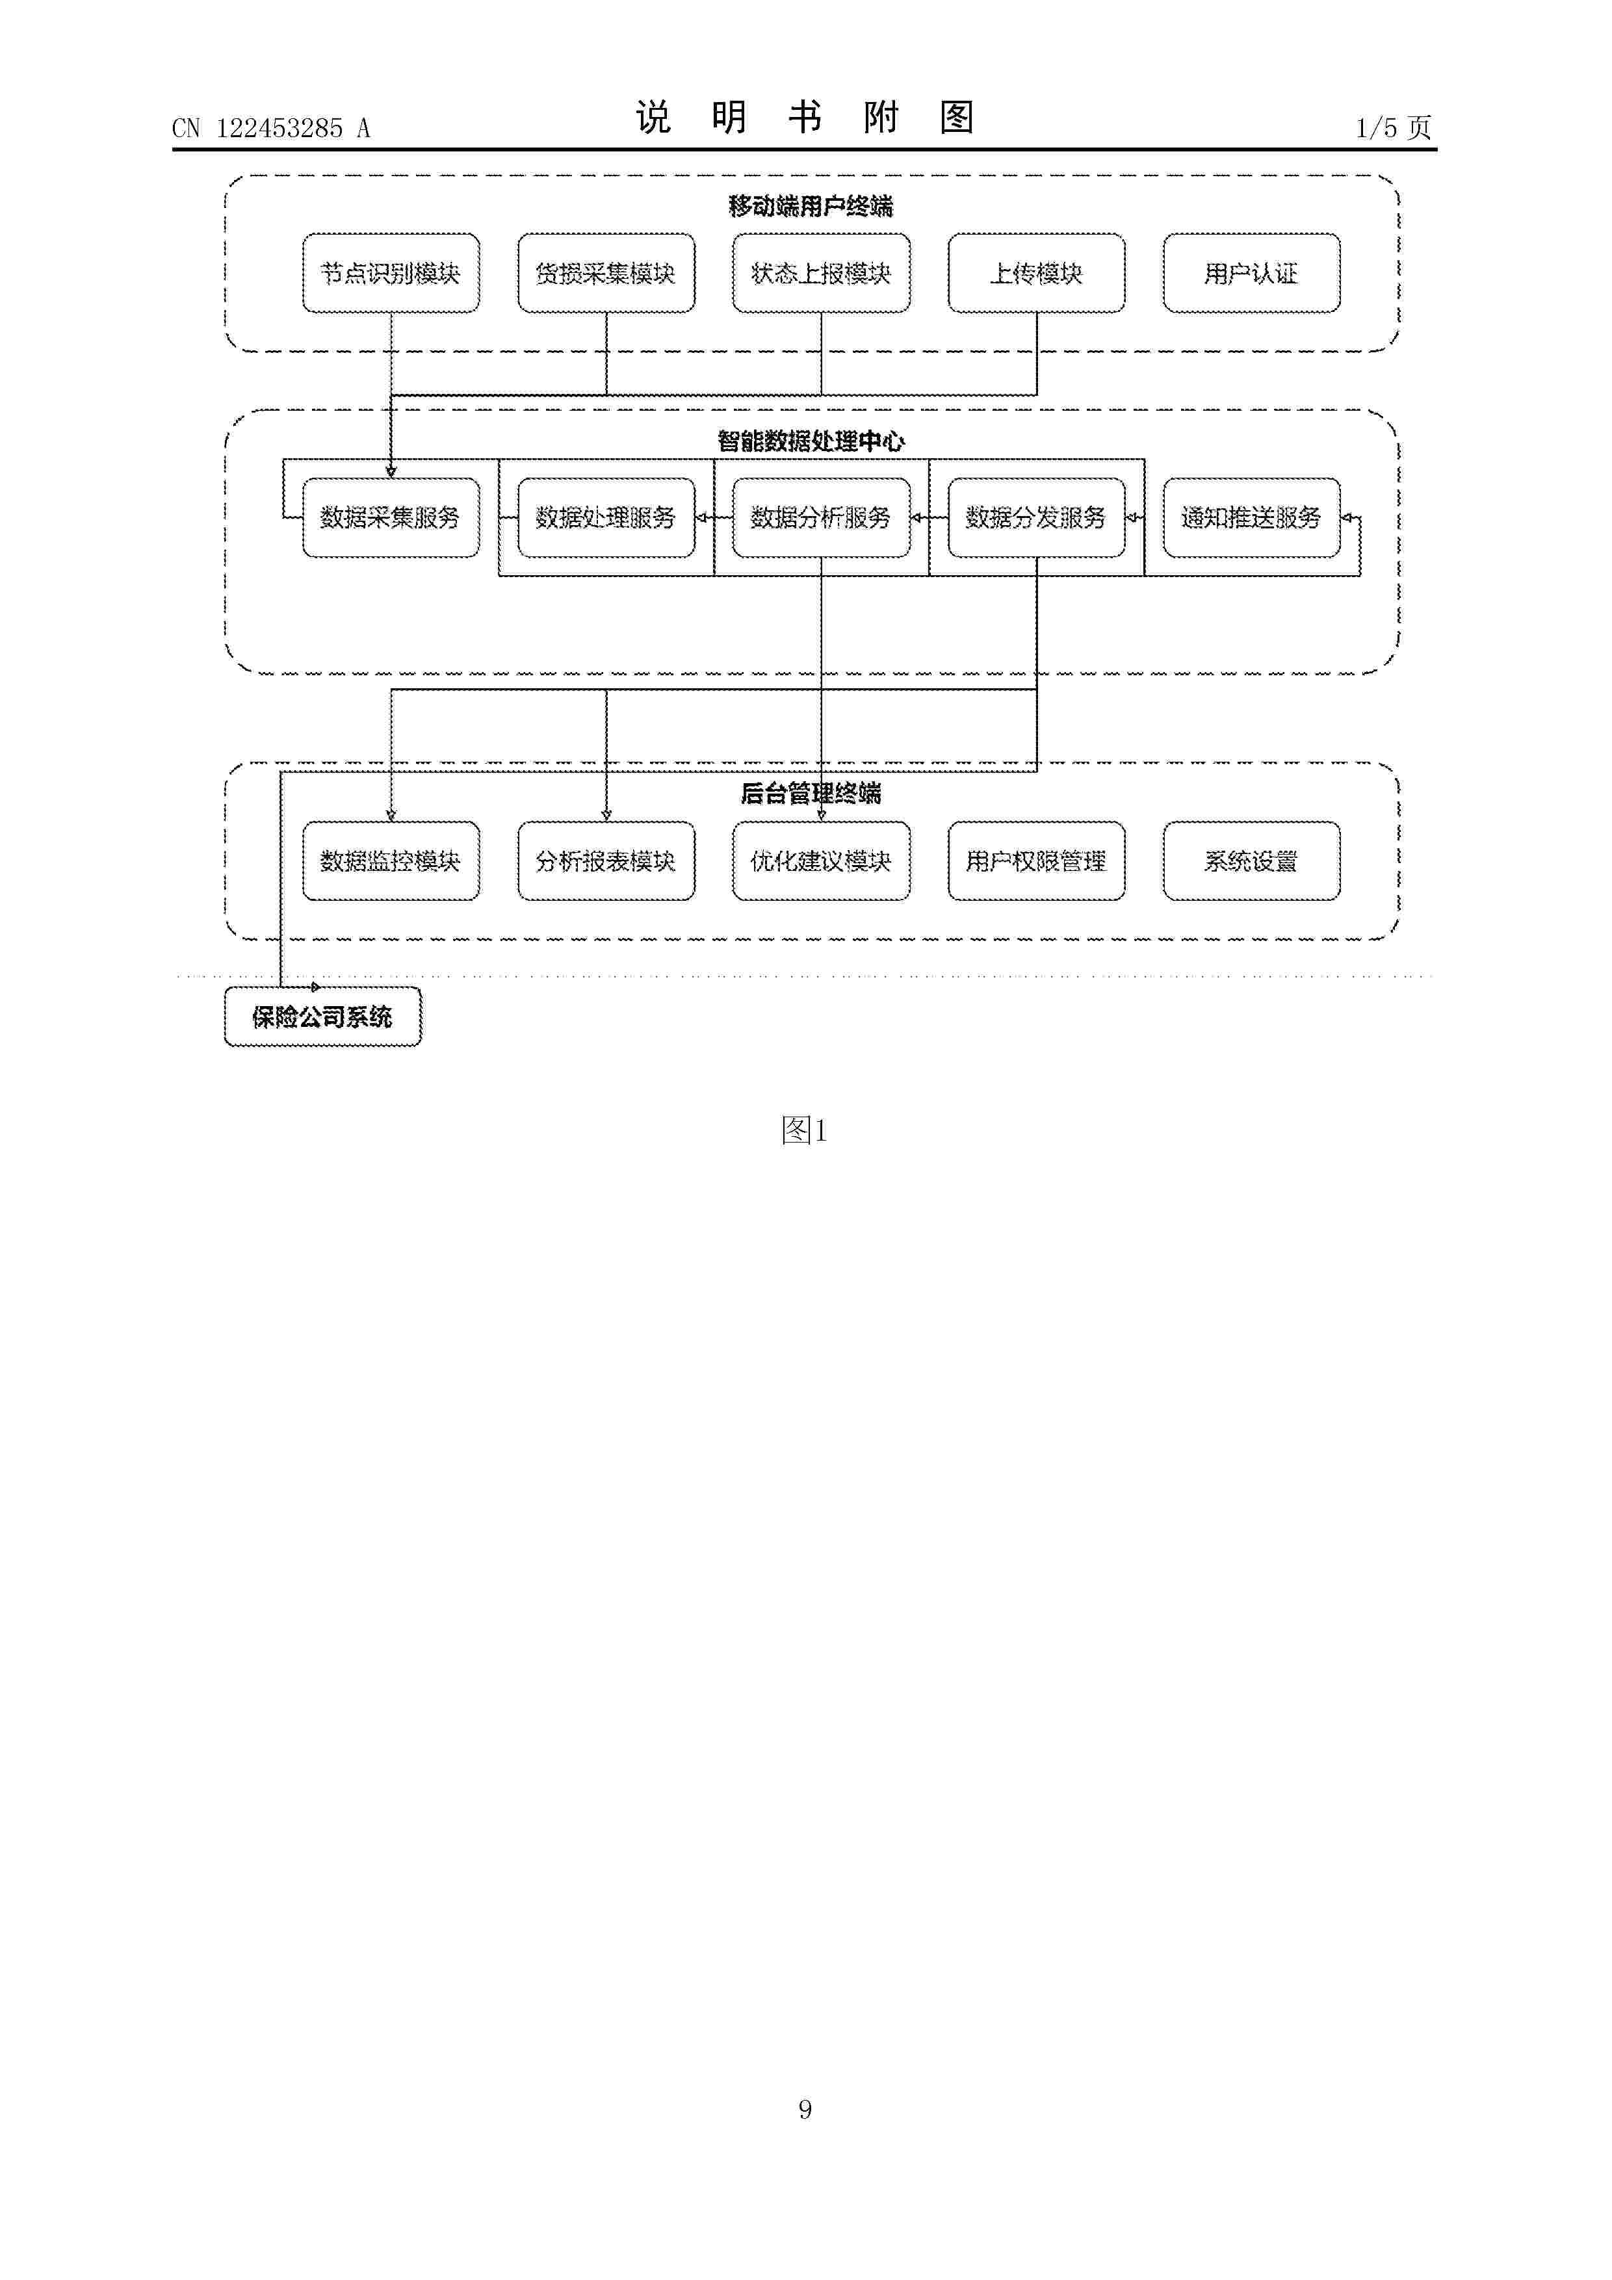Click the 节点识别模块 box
(391, 273)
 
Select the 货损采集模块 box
(606, 273)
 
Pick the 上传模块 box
(1037, 273)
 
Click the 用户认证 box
(1251, 273)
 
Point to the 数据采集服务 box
(391, 517)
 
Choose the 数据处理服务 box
(606, 517)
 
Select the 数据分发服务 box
(1037, 517)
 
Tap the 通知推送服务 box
(1251, 517)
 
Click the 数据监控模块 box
(391, 861)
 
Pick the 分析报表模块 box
(606, 861)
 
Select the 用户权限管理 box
(1037, 861)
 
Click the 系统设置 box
(1251, 861)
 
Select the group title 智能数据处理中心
(811, 441)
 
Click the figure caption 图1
(805, 1130)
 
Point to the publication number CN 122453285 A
(271, 128)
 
